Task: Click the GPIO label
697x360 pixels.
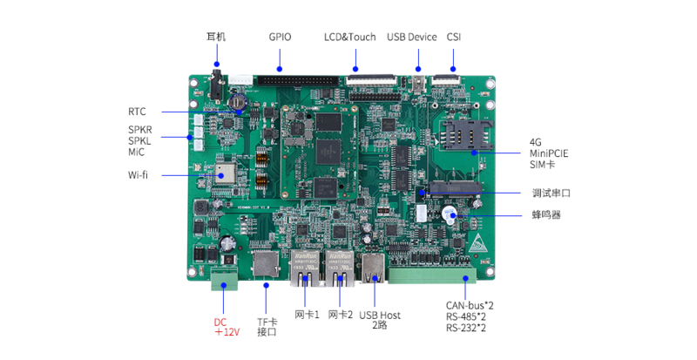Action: tap(280, 37)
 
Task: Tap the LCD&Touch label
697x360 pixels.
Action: tap(349, 37)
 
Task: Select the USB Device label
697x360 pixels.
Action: tap(411, 37)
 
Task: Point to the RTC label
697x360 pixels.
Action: tap(137, 112)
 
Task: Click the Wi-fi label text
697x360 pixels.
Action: tap(138, 174)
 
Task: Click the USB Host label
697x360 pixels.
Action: tap(380, 315)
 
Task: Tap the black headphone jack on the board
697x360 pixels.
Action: tap(216, 78)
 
